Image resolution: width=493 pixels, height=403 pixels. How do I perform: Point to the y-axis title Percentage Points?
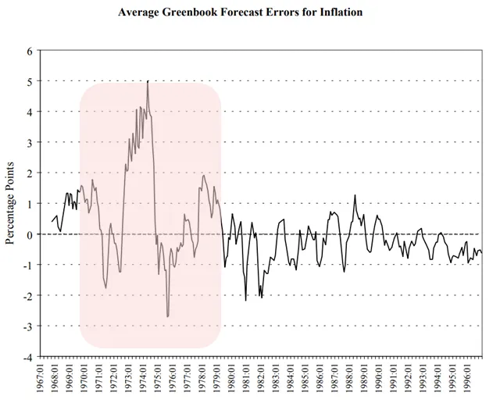tap(11, 203)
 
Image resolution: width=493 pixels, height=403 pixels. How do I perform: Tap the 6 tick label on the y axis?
tap(29, 51)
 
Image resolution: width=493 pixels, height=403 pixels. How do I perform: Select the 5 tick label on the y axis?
tap(29, 81)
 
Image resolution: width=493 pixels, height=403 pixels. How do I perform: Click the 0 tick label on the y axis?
tap(29, 234)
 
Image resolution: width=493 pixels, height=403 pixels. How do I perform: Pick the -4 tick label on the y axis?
tap(27, 357)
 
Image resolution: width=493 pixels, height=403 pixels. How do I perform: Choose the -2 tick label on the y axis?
tap(27, 295)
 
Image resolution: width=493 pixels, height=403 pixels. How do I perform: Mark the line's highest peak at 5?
tap(148, 81)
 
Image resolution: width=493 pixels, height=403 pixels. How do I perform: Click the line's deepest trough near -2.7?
tap(167, 316)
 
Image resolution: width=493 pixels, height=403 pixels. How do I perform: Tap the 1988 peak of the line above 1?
tap(355, 195)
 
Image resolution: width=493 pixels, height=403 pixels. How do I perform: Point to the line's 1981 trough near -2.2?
tap(245, 300)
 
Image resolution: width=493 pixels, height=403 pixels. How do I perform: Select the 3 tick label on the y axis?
tap(29, 142)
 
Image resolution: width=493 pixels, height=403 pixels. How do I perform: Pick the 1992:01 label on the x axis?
tap(409, 382)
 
